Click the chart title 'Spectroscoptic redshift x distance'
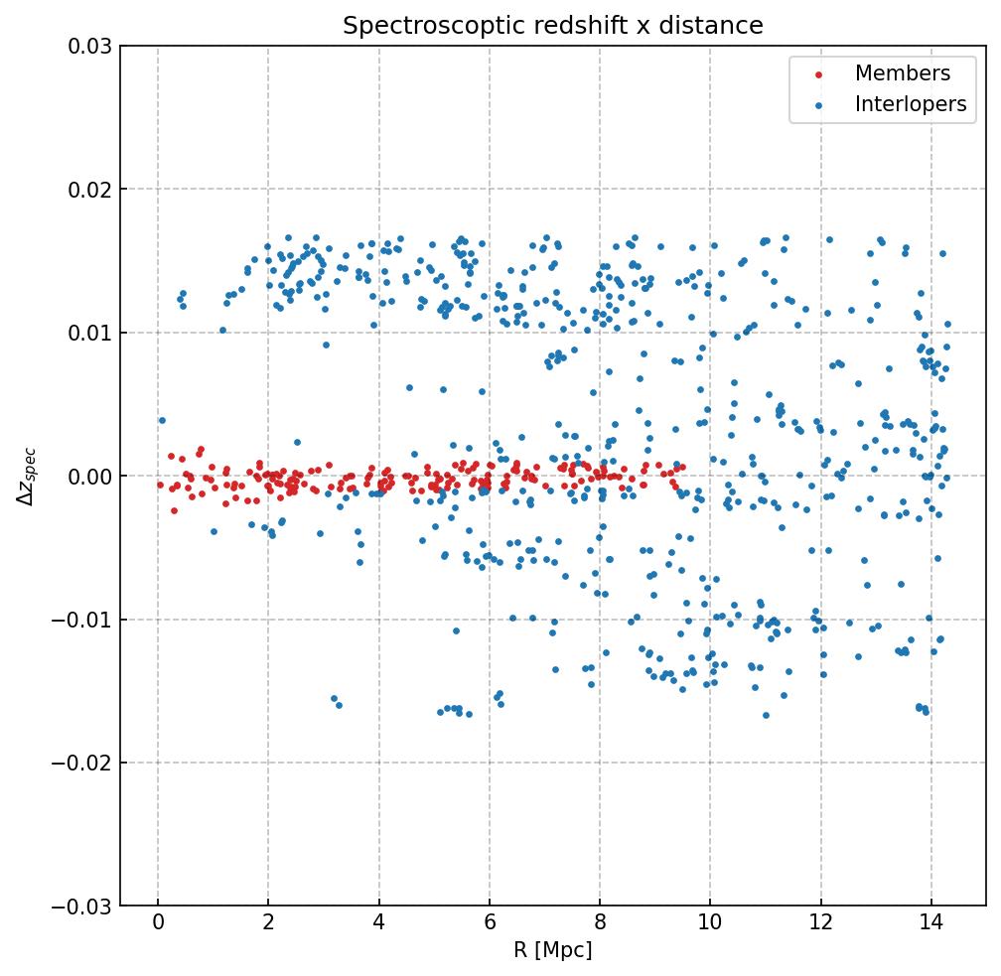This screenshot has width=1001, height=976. [553, 26]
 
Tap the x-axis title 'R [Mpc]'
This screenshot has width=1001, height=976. [553, 950]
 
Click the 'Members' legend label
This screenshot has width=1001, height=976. [902, 73]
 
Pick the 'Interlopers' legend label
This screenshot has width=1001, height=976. [910, 104]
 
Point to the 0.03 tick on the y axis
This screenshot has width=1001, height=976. [88, 46]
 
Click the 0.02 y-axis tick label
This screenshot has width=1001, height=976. [88, 190]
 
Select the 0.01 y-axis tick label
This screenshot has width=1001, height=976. [88, 333]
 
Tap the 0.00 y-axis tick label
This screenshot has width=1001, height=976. [88, 477]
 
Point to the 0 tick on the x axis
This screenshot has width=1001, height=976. [158, 925]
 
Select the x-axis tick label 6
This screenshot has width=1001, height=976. [490, 925]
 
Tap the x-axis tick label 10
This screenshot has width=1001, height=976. [710, 925]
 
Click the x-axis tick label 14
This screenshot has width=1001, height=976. [930, 925]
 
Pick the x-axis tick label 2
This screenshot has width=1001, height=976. [268, 925]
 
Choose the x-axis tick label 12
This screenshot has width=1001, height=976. [820, 925]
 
